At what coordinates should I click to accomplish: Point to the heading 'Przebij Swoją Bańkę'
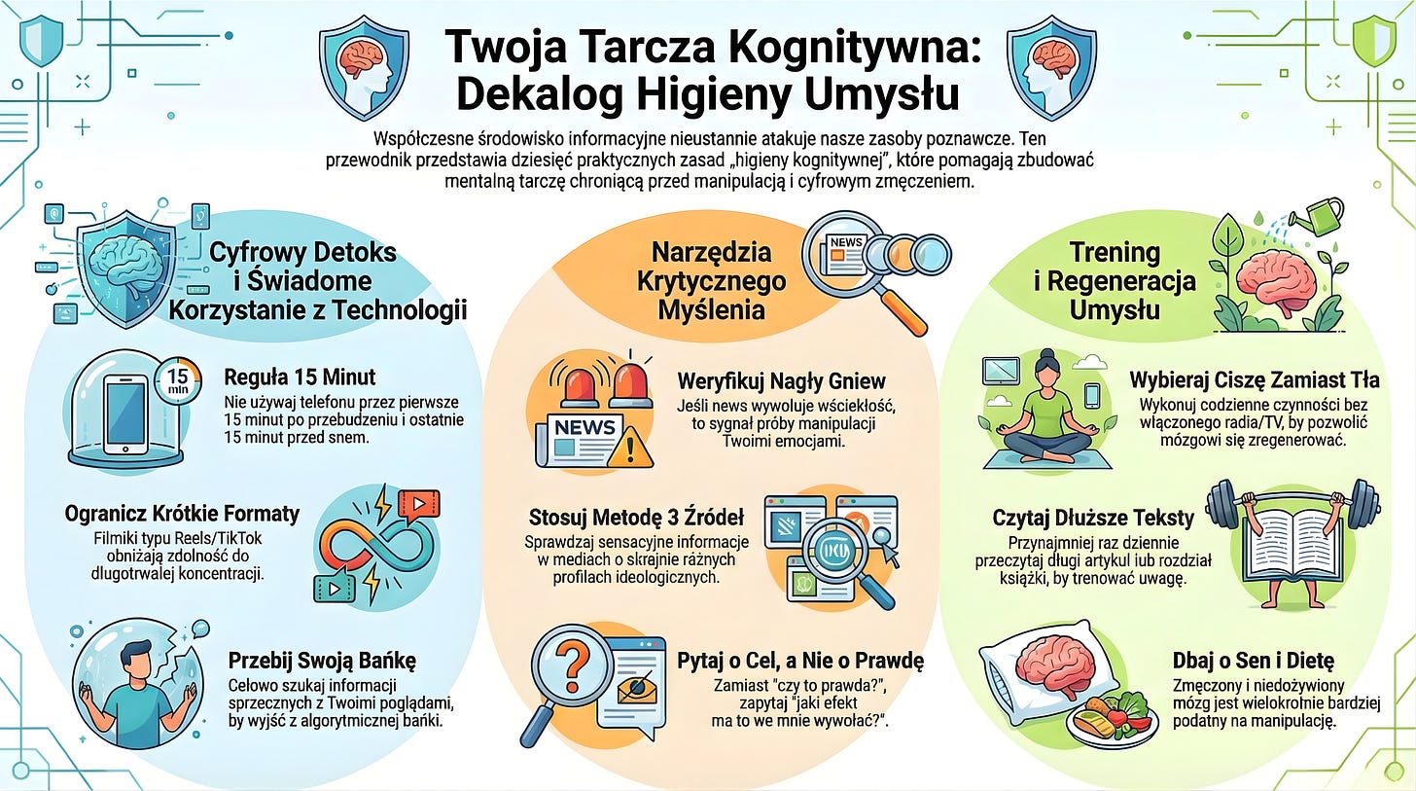321,661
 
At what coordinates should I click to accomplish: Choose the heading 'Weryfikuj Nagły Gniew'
781,379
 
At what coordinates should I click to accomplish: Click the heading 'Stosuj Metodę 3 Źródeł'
636,516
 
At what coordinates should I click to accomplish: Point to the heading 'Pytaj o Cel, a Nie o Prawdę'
799,661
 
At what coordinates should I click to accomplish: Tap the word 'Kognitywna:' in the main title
852,51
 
